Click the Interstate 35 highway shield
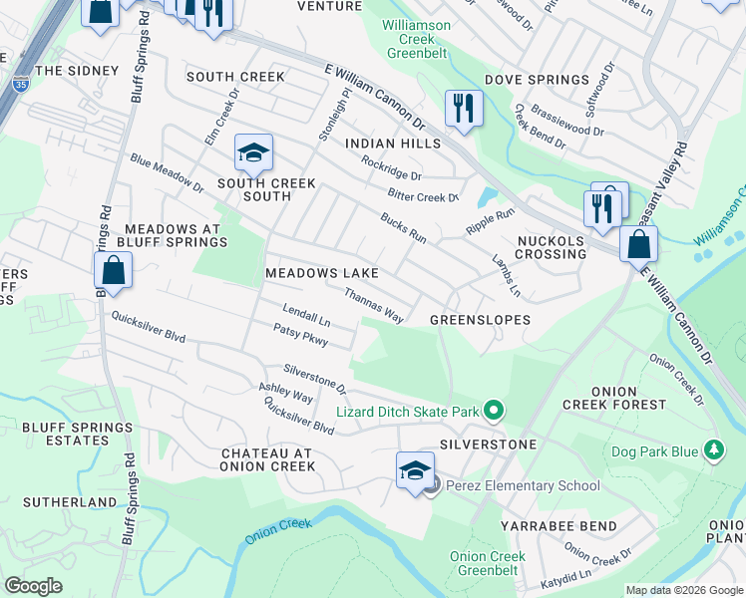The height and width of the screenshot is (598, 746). tap(21, 86)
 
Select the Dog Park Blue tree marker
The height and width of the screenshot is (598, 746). tap(712, 451)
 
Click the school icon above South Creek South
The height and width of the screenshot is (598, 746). tap(253, 153)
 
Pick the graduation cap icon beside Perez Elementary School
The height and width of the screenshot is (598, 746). tap(415, 470)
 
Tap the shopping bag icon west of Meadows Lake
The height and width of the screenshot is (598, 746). tap(114, 270)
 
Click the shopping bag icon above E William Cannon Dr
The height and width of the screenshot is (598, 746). tap(638, 243)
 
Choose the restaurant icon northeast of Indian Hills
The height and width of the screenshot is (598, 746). tap(464, 108)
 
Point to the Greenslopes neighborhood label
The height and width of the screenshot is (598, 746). tap(479, 320)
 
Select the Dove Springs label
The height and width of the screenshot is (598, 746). tap(537, 80)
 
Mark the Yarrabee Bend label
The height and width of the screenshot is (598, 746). tap(559, 525)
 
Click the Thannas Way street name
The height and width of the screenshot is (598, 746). tap(374, 305)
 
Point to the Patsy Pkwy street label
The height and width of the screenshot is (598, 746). tap(300, 334)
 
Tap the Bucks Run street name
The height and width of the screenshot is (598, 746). tap(403, 228)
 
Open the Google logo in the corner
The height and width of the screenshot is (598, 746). tap(34, 586)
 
